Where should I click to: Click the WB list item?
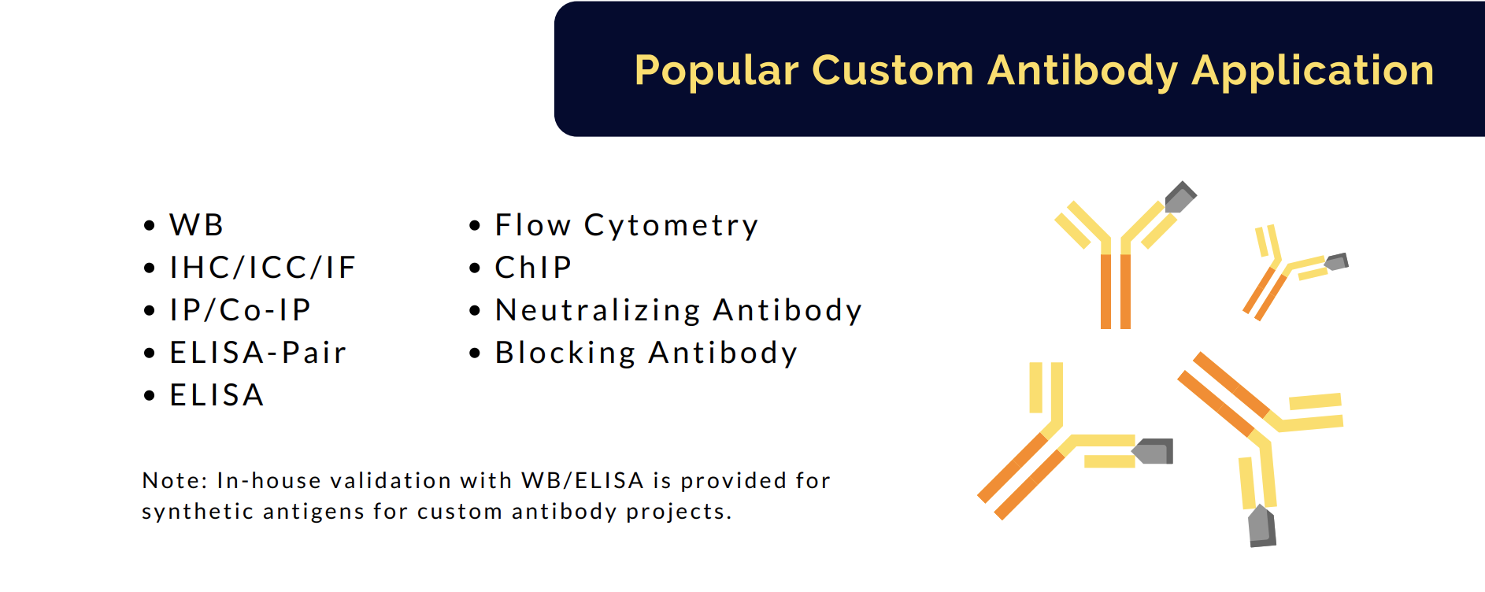tap(196, 225)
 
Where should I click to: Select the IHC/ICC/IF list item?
tap(263, 268)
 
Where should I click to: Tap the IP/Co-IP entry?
tap(240, 310)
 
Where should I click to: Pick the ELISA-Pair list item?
tap(257, 353)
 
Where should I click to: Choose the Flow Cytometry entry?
tap(626, 226)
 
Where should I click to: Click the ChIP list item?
tap(533, 268)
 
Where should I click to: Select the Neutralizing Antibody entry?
tap(678, 311)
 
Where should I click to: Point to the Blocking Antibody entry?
tap(646, 353)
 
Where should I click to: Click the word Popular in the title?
tap(717, 71)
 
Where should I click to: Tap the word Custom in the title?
tap(893, 70)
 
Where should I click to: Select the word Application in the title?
tap(1313, 71)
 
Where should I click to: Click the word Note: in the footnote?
tap(174, 480)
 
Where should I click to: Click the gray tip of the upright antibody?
tap(1179, 197)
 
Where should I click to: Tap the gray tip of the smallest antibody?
tap(1337, 262)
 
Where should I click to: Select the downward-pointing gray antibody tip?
tap(1262, 526)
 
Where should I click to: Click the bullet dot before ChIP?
tap(475, 268)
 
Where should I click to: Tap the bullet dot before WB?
tap(150, 226)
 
